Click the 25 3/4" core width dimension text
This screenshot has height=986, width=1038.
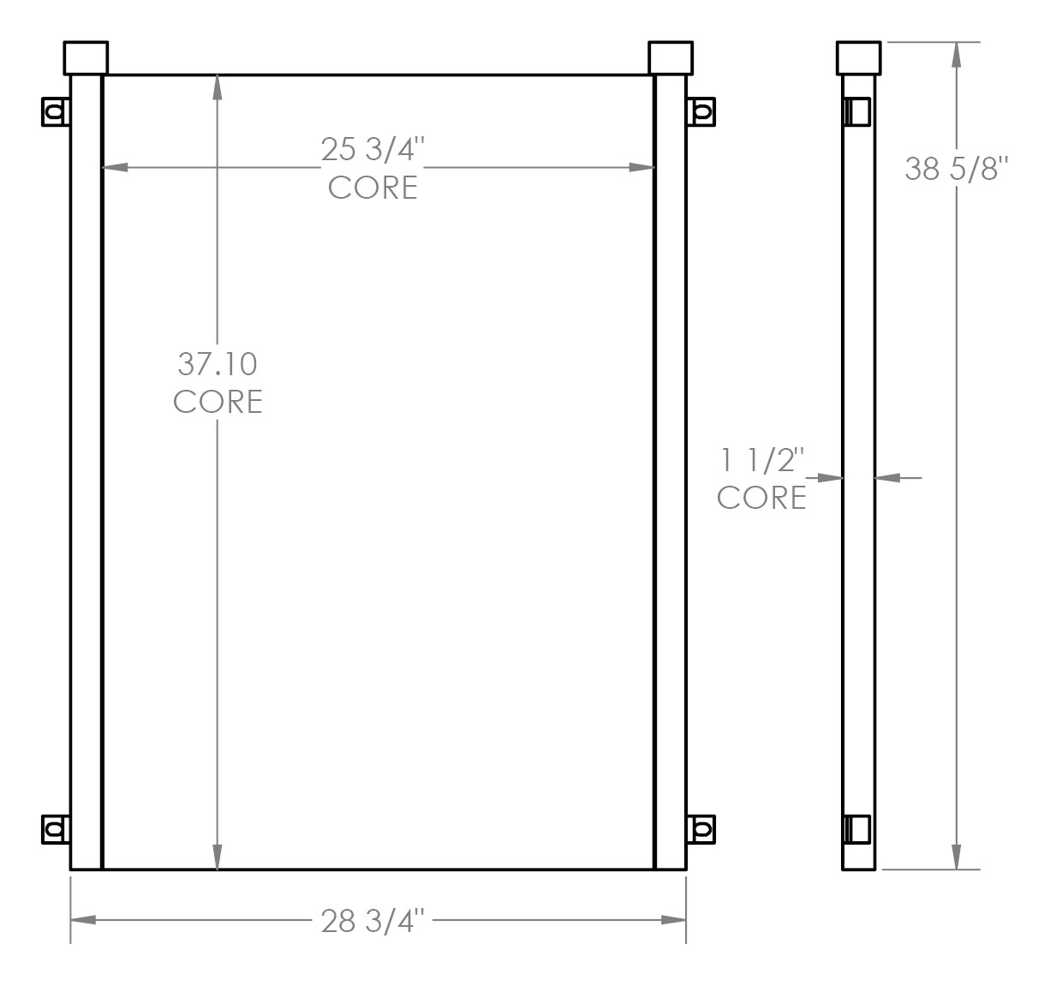coord(373,150)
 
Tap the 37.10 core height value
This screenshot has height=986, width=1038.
coord(218,364)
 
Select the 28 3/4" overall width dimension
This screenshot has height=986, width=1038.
coord(373,921)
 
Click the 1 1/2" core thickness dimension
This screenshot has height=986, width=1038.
coord(762,462)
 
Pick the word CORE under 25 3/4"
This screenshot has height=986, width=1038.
coord(373,187)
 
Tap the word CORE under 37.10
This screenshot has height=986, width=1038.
coord(218,401)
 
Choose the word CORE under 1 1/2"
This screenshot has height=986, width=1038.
coord(761,498)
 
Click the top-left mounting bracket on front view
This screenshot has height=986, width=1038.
coord(56,111)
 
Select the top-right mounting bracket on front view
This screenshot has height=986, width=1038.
coord(701,111)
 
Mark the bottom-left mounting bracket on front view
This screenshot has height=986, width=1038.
coord(56,828)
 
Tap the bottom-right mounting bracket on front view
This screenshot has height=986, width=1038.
coord(701,828)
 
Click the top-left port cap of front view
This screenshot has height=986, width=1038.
coord(86,57)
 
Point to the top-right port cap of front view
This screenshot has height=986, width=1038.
coord(671,57)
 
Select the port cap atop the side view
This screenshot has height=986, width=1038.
coord(858,57)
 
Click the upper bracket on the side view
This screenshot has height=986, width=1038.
coord(857,111)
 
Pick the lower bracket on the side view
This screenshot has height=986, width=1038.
coord(857,828)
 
